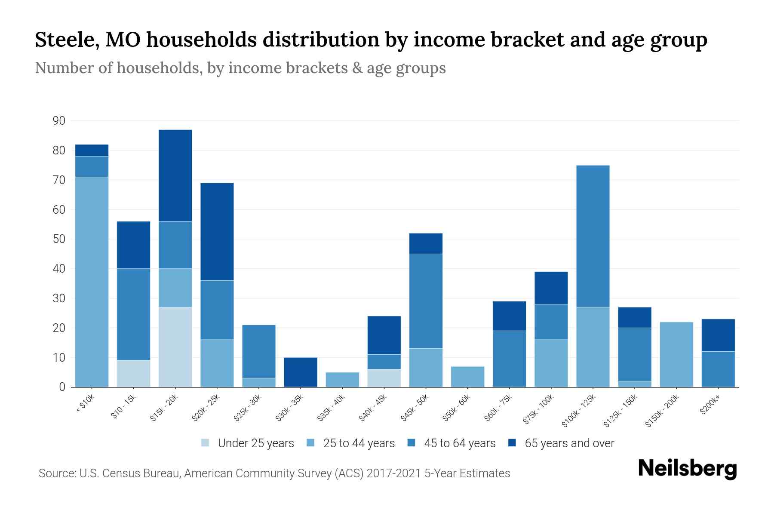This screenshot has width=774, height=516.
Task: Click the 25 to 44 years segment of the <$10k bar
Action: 92,282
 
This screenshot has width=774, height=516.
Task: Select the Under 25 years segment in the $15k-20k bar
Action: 175,347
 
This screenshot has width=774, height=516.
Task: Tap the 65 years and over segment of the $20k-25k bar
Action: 217,232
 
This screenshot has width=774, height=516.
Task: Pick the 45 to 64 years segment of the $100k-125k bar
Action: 593,236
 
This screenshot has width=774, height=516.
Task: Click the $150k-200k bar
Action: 676,354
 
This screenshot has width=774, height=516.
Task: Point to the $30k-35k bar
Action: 300,372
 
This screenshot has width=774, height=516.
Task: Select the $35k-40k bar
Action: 342,379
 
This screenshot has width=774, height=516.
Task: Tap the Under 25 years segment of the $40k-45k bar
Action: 384,378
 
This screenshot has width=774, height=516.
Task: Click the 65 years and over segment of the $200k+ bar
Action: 718,335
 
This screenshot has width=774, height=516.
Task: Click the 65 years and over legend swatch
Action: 512,443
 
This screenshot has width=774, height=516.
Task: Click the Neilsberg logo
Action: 687,468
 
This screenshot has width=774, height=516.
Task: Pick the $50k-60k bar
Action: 467,377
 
